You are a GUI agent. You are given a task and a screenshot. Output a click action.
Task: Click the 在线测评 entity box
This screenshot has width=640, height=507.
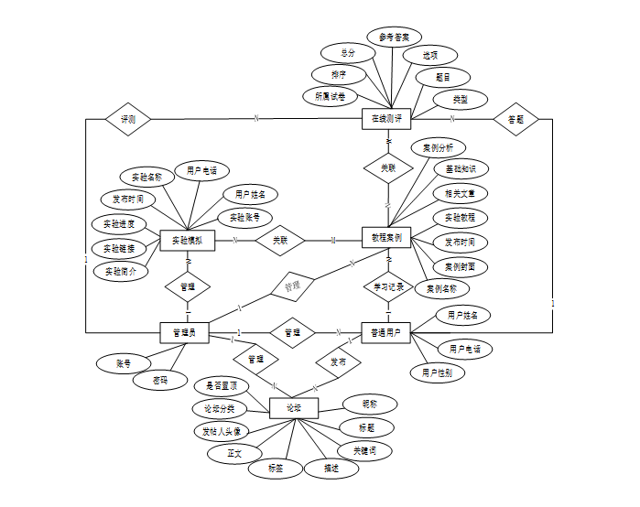pos(387,119)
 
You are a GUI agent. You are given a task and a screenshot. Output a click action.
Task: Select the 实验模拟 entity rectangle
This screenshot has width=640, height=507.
pos(187,241)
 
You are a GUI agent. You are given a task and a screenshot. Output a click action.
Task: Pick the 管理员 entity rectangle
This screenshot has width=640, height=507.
pos(184,333)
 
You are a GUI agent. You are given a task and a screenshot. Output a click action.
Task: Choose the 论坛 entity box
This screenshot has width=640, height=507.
pos(294,407)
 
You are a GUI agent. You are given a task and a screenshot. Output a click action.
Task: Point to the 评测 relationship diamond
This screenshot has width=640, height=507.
pos(127,119)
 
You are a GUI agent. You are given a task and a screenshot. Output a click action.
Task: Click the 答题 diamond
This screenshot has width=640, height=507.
pos(515,119)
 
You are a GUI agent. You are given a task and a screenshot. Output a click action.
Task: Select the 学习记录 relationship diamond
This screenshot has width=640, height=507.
pos(388,286)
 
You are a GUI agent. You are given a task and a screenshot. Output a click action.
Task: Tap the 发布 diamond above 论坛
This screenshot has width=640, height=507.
pos(338,362)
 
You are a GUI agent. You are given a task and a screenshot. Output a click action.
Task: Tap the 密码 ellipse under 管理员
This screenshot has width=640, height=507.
pos(159,380)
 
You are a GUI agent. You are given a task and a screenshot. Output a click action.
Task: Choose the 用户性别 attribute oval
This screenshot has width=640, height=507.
pos(438,372)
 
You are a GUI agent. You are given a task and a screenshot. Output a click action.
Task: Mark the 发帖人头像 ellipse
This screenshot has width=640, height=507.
pos(222,430)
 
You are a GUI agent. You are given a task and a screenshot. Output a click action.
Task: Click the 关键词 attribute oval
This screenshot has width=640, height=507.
pos(364,450)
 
